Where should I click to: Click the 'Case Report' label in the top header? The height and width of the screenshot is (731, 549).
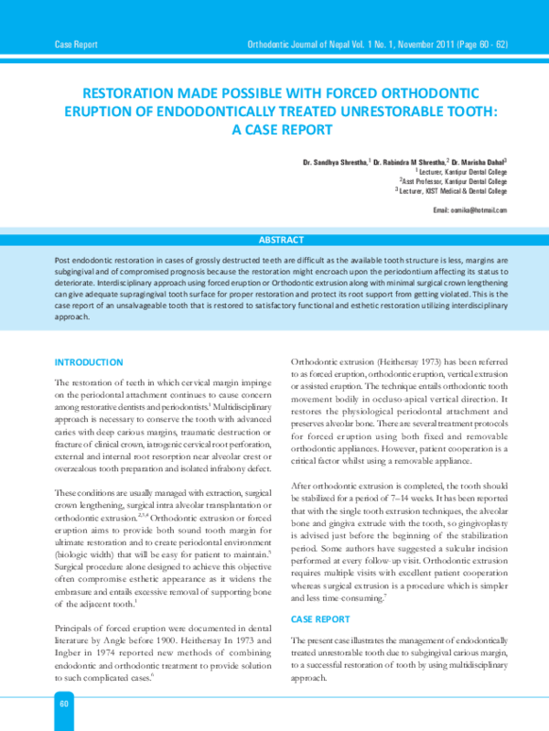[x=76, y=44]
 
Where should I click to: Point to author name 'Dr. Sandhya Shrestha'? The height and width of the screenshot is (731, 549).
[x=336, y=162]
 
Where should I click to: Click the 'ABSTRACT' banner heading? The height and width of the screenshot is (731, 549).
[x=281, y=240]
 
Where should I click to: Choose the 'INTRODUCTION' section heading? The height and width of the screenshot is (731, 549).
[x=89, y=362]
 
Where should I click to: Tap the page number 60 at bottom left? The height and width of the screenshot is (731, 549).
[x=64, y=703]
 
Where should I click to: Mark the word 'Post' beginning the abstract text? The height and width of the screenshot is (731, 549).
[x=64, y=261]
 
